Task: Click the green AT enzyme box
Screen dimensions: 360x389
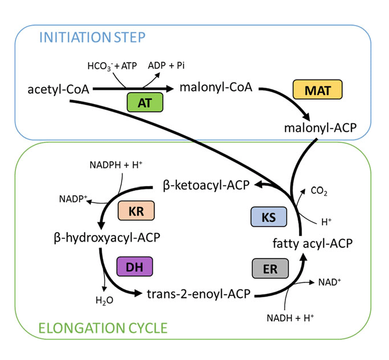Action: coord(144,102)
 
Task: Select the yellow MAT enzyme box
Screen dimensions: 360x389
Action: coord(312,90)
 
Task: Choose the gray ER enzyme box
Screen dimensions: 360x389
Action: coord(270,269)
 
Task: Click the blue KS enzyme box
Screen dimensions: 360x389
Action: coord(269,216)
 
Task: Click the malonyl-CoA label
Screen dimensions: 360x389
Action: coord(216,88)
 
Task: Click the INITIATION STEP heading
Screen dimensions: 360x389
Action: coord(92,38)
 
